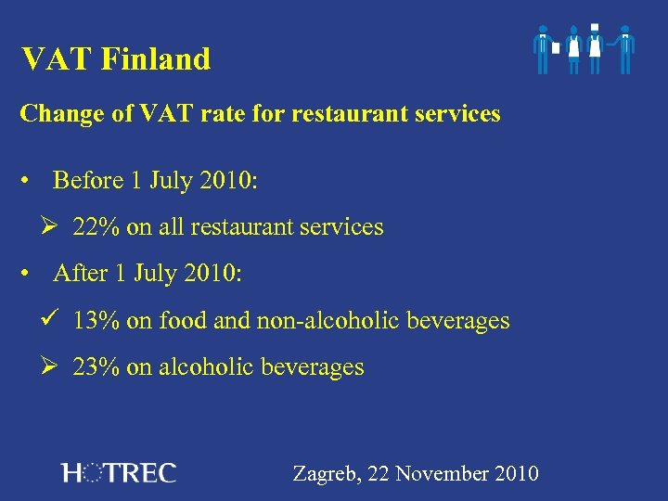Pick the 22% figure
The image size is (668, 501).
[x=96, y=227]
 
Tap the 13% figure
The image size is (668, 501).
[x=96, y=321]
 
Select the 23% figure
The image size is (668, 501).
[x=96, y=367]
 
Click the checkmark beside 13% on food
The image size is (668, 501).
[x=52, y=320]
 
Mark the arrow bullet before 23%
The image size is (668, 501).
[x=52, y=367]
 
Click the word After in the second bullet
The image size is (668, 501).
[x=81, y=274]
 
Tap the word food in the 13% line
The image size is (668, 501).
[x=183, y=321]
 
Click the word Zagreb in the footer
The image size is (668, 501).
[x=327, y=474]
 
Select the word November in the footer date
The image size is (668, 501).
[x=441, y=474]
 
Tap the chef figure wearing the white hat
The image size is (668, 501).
[x=595, y=48]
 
